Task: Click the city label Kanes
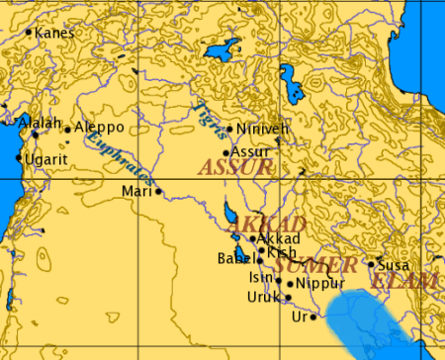pyautogui.click(x=54, y=33)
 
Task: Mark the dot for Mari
pyautogui.click(x=157, y=191)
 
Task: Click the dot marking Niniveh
pyautogui.click(x=229, y=129)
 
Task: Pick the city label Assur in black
pyautogui.click(x=251, y=151)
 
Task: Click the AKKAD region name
pyautogui.click(x=252, y=225)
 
